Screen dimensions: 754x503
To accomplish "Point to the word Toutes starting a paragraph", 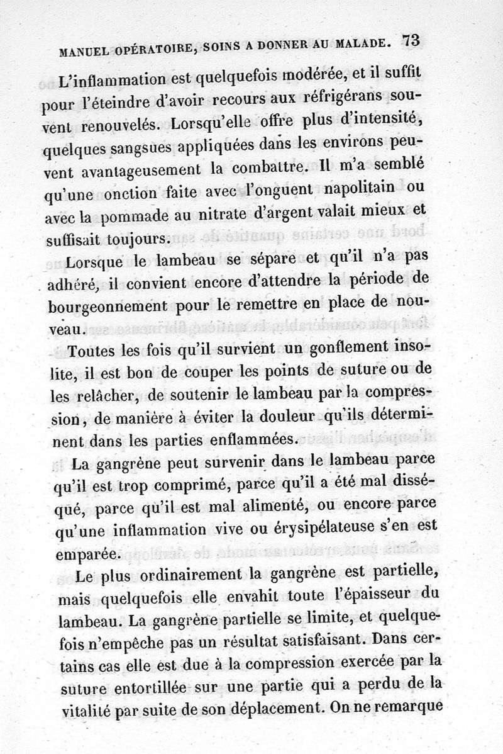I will click(x=95, y=350).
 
